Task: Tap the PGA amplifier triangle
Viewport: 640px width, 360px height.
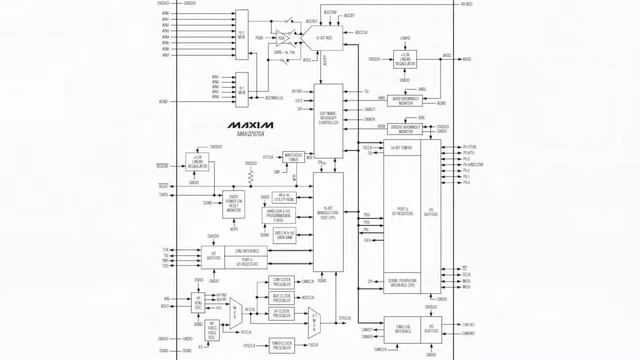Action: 285,38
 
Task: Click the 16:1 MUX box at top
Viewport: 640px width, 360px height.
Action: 241,33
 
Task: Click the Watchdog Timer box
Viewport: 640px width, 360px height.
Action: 293,156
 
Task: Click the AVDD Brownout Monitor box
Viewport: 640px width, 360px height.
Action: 405,100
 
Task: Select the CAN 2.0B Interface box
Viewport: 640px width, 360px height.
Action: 403,327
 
